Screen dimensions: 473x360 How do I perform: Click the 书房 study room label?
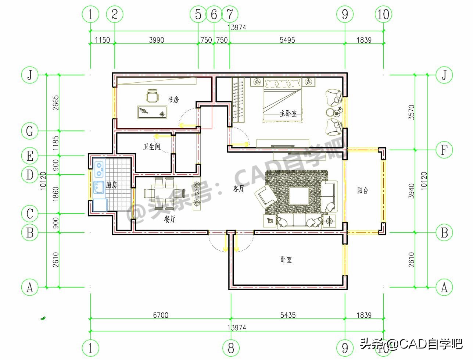pyautogui.click(x=173, y=100)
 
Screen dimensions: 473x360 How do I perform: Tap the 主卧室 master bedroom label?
pyautogui.click(x=289, y=113)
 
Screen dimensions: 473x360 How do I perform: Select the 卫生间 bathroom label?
pyautogui.click(x=152, y=147)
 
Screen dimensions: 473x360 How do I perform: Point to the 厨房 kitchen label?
pyautogui.click(x=111, y=185)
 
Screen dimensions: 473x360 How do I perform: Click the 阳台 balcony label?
pyautogui.click(x=363, y=190)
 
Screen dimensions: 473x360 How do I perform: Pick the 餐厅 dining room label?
pyautogui.click(x=170, y=219)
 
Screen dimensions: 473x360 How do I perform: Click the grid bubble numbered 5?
pyautogui.click(x=198, y=14)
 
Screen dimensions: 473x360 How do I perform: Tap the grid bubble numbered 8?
pyautogui.click(x=231, y=348)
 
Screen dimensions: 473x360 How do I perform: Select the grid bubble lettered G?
pyautogui.click(x=30, y=131)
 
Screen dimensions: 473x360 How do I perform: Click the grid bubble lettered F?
pyautogui.click(x=444, y=150)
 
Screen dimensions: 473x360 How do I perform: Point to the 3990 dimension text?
pyautogui.click(x=157, y=40)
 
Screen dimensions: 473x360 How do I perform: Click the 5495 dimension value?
pyautogui.click(x=287, y=40)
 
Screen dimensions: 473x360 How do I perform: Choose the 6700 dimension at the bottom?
pyautogui.click(x=161, y=315)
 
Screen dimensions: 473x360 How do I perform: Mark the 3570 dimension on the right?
pyautogui.click(x=411, y=112)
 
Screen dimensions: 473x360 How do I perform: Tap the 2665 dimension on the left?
pyautogui.click(x=55, y=103)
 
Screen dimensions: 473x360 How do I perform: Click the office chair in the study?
pyautogui.click(x=153, y=96)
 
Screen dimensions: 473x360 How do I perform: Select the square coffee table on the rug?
pyautogui.click(x=299, y=196)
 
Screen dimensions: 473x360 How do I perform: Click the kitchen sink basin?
pyautogui.click(x=99, y=188)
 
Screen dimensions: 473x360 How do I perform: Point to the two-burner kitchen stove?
pyautogui.click(x=99, y=170)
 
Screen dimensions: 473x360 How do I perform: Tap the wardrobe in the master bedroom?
pyautogui.click(x=238, y=100)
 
